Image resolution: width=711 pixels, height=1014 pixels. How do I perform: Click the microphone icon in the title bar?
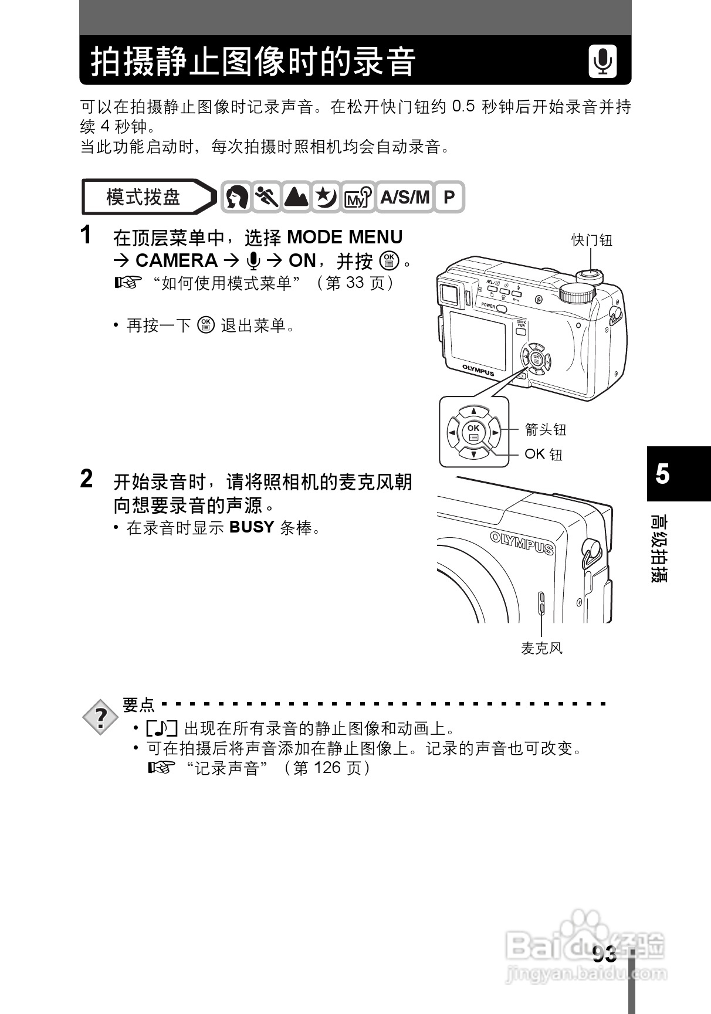[602, 61]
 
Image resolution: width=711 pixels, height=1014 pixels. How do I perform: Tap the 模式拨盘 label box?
[144, 197]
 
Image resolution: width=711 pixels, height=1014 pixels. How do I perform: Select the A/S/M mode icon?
[404, 197]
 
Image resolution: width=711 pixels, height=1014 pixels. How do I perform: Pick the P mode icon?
[449, 197]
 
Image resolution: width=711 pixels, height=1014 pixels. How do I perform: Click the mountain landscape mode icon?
[296, 197]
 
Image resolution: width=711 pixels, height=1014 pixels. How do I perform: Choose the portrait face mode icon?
[236, 197]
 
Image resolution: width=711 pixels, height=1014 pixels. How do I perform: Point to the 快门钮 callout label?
[591, 240]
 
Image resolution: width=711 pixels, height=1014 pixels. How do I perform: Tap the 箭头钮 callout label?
[545, 430]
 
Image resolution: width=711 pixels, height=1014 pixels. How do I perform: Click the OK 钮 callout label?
[543, 454]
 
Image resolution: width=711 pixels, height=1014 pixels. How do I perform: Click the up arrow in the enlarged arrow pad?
[474, 412]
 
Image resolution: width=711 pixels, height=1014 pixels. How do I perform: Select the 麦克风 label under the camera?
[541, 648]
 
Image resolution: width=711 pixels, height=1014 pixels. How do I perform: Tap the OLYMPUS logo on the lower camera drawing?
[522, 542]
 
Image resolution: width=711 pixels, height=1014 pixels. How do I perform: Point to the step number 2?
[86, 479]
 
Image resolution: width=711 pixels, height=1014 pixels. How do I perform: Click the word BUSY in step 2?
[252, 527]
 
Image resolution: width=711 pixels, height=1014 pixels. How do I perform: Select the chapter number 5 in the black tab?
[662, 473]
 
